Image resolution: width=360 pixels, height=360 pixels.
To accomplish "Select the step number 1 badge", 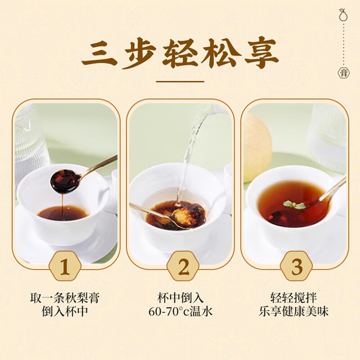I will (x=65, y=267).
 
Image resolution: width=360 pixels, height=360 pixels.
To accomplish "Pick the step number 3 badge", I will (x=297, y=267).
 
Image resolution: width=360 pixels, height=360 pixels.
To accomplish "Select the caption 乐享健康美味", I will (x=297, y=311).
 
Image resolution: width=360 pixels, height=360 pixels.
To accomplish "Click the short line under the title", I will (x=180, y=82).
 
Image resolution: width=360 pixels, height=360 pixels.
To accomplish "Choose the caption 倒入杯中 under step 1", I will (x=65, y=311).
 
